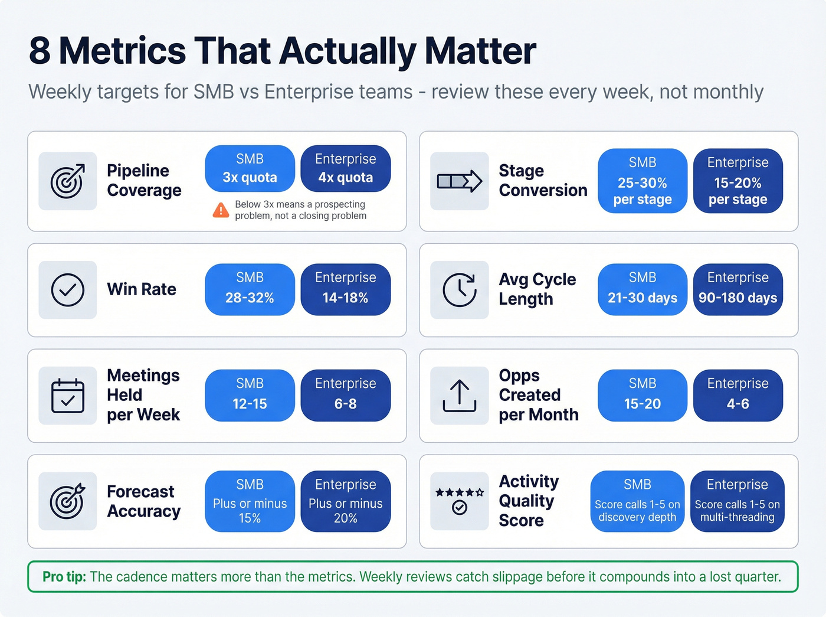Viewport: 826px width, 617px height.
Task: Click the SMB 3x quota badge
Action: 250,169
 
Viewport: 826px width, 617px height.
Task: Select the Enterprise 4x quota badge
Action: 345,169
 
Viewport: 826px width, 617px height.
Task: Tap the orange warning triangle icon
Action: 221,210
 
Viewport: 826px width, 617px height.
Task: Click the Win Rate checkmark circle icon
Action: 68,290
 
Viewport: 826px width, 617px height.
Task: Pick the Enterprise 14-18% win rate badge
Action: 345,289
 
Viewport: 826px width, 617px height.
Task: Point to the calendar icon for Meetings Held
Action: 68,396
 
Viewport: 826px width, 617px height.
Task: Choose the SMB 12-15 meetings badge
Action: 250,395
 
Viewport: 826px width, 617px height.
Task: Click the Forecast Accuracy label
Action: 143,501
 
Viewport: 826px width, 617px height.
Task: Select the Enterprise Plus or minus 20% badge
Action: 345,501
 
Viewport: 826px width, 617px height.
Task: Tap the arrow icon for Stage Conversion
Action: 459,181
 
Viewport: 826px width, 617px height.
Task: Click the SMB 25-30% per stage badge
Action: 642,181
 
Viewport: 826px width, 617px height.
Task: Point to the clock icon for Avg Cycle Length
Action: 459,290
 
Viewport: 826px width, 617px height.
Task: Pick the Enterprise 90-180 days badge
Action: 737,289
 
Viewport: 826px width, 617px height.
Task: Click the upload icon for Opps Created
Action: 459,396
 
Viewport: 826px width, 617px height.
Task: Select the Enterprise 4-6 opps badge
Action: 737,395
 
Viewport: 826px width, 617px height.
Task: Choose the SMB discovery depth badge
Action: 637,501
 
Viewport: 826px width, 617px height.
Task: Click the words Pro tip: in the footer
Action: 64,577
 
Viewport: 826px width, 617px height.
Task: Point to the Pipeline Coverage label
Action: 143,181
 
